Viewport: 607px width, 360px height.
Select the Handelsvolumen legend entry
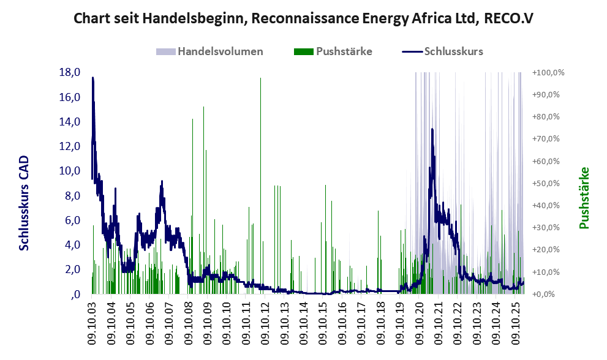pyautogui.click(x=220, y=51)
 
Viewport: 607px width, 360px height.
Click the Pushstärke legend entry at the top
pyautogui.click(x=344, y=51)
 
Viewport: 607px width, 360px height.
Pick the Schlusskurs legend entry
pyautogui.click(x=453, y=51)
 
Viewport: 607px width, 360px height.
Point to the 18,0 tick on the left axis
pyautogui.click(x=70, y=72)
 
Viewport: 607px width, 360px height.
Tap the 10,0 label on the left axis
pyautogui.click(x=70, y=171)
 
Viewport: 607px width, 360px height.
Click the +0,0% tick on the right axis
pyautogui.click(x=551, y=294)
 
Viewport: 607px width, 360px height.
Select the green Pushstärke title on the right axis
pyautogui.click(x=584, y=198)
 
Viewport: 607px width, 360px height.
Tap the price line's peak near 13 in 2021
pyautogui.click(x=432, y=129)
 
